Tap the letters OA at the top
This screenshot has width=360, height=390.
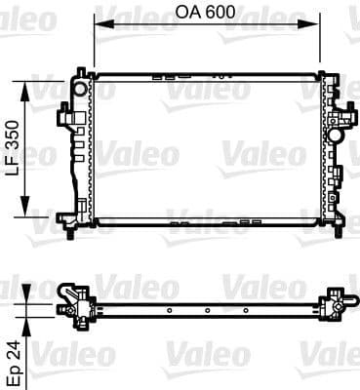pos(189,16)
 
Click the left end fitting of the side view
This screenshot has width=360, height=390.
pos(74,302)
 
